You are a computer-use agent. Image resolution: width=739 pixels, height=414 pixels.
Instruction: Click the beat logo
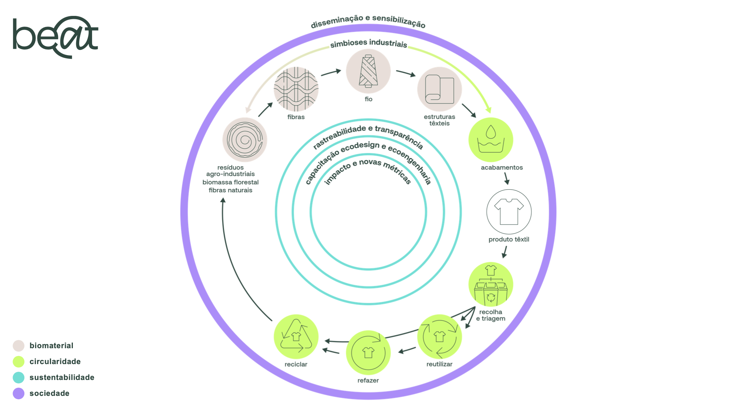pyautogui.click(x=55, y=37)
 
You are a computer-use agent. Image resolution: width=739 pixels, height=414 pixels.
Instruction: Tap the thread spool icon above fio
pyautogui.click(x=368, y=71)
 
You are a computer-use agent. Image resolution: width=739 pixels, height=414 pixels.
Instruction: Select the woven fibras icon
pyautogui.click(x=296, y=89)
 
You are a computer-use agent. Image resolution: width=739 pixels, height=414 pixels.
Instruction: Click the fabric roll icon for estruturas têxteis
pyautogui.click(x=439, y=89)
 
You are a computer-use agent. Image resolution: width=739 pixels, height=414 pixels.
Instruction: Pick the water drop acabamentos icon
pyautogui.click(x=491, y=140)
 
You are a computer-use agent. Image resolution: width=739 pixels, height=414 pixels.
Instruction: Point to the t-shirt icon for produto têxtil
pyautogui.click(x=509, y=212)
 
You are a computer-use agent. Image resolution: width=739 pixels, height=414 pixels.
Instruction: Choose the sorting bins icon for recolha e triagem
pyautogui.click(x=491, y=284)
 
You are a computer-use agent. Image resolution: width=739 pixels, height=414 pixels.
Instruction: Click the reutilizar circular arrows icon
pyautogui.click(x=439, y=337)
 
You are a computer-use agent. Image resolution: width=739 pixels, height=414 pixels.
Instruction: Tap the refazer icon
pyautogui.click(x=368, y=353)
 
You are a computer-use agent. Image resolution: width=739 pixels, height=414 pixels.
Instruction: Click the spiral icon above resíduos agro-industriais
pyautogui.click(x=245, y=140)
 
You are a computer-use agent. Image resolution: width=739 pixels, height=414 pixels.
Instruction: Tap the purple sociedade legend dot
pyautogui.click(x=18, y=393)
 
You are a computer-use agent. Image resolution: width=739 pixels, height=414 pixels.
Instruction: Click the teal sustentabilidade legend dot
pyautogui.click(x=18, y=377)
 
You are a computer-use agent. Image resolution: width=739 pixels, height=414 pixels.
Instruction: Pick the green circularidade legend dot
pyautogui.click(x=18, y=362)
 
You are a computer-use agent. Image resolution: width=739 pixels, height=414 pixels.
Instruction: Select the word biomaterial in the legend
pyautogui.click(x=51, y=346)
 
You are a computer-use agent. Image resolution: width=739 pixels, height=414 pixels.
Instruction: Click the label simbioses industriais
pyautogui.click(x=369, y=43)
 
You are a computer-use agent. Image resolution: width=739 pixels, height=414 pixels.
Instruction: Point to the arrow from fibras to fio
pyautogui.click(x=331, y=72)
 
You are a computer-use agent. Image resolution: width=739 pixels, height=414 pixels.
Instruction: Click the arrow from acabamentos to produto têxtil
pyautogui.click(x=506, y=179)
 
